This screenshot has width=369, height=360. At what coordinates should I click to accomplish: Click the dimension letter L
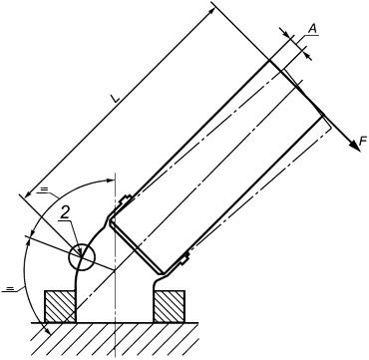click(116, 99)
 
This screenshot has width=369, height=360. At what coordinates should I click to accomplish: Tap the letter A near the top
click(313, 29)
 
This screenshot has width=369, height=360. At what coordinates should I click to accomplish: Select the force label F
click(362, 143)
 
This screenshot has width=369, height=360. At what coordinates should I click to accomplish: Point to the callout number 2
click(65, 214)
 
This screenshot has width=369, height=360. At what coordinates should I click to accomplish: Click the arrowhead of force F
click(355, 146)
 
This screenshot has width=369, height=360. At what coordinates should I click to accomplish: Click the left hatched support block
click(60, 306)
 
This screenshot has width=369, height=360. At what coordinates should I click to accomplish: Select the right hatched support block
click(170, 306)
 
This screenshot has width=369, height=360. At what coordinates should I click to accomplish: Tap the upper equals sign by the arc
click(43, 189)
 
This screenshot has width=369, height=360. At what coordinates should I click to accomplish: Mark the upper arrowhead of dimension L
click(211, 13)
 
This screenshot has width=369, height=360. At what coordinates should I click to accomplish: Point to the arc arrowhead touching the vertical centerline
click(111, 180)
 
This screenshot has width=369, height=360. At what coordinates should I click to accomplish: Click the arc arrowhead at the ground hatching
click(47, 330)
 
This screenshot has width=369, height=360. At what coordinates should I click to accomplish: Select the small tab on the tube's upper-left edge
click(125, 200)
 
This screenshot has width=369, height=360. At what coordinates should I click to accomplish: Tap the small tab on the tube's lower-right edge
click(184, 258)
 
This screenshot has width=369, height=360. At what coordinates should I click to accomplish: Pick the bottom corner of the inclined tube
click(163, 273)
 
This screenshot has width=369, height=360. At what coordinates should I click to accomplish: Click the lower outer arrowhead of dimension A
click(309, 57)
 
